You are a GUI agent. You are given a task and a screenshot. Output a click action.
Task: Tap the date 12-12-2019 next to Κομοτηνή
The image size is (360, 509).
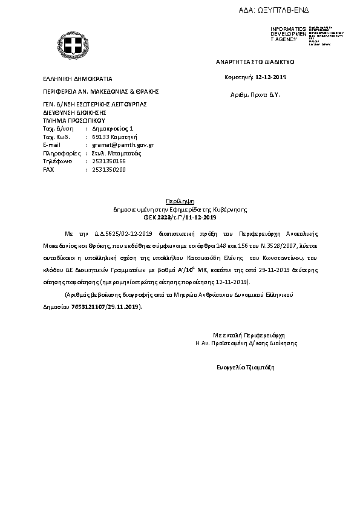271,77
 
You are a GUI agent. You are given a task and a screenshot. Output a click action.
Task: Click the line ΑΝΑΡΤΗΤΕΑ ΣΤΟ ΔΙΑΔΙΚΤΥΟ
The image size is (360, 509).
255,62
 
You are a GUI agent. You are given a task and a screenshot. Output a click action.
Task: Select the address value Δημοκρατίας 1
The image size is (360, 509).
112,129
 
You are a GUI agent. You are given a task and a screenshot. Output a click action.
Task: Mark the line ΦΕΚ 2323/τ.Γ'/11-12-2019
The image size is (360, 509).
180,216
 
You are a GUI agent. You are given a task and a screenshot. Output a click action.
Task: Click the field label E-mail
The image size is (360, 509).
53,145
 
